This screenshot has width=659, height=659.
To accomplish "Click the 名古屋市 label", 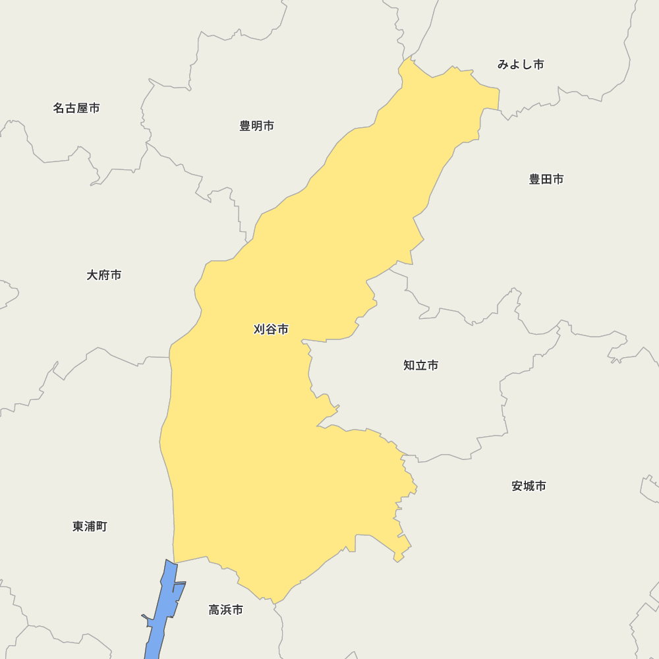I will (76, 108).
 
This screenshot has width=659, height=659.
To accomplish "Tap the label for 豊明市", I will (256, 126).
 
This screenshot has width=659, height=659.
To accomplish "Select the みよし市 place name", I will (521, 65).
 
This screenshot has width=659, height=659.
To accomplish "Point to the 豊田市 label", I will (546, 179).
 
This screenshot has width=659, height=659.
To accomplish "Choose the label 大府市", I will (104, 275).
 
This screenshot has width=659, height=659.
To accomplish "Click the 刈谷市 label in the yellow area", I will (271, 329).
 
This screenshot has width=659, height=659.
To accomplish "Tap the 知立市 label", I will (420, 365).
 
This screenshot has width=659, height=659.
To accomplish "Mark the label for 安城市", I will (529, 486).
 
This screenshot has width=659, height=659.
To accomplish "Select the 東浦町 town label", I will (90, 527).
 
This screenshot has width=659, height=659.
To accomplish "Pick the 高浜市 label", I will (226, 610).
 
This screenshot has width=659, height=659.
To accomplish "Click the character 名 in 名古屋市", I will (59, 108).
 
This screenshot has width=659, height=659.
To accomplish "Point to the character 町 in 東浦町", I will (101, 527).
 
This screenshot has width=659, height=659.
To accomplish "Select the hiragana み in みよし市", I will (503, 65).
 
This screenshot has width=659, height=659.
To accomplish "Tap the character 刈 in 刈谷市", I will (259, 329).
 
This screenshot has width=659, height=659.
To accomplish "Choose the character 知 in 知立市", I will (409, 365).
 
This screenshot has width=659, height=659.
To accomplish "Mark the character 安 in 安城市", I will (517, 486).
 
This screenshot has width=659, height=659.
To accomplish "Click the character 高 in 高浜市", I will (214, 610).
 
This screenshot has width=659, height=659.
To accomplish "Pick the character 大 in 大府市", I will (92, 275).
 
